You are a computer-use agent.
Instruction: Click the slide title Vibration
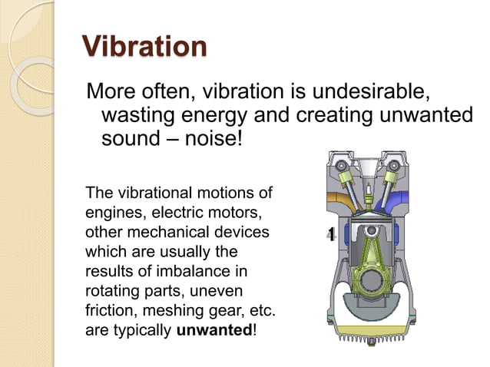point(144,46)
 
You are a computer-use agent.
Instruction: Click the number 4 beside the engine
point(330,235)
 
